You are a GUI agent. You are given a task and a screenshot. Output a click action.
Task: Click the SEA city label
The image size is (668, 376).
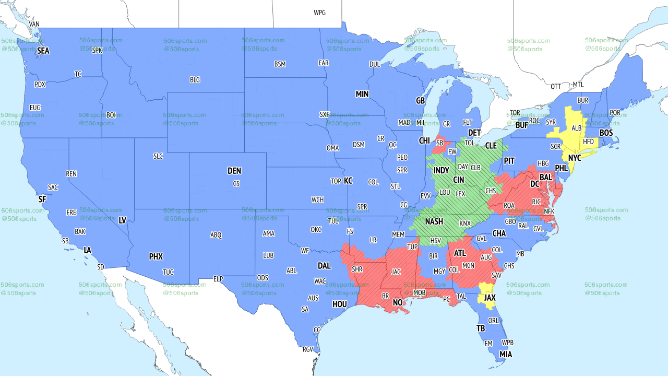[x=43, y=51]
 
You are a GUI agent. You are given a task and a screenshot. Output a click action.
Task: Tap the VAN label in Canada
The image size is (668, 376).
[x=34, y=24]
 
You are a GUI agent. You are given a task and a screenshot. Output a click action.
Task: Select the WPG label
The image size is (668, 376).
[x=319, y=13]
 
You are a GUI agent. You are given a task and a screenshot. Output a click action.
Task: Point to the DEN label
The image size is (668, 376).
[x=234, y=171]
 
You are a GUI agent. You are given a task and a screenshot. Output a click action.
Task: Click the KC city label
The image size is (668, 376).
[x=348, y=181]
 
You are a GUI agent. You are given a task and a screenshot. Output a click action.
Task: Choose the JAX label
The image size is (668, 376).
[x=490, y=298]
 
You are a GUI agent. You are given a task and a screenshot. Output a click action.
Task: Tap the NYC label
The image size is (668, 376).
[x=575, y=157]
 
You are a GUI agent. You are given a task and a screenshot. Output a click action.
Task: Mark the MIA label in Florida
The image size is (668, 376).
[x=505, y=354]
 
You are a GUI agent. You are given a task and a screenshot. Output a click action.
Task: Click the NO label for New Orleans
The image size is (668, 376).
[x=398, y=303]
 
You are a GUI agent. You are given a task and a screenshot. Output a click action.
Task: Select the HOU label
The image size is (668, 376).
[x=340, y=304]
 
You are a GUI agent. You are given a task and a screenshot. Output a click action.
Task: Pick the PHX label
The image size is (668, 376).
[x=156, y=256]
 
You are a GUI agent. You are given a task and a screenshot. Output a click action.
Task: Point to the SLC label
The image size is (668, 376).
[x=158, y=156]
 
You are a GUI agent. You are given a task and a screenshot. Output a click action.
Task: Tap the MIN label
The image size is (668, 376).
[x=362, y=94]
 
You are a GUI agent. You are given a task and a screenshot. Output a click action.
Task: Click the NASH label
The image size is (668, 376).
[x=434, y=221]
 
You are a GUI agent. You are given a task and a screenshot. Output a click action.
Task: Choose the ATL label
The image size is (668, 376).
[x=460, y=253]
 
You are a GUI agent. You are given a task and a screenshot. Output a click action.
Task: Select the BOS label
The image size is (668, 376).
[x=606, y=133]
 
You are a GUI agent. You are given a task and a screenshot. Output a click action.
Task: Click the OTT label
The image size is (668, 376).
[x=556, y=86]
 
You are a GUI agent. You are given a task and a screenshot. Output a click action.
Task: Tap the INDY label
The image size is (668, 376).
[x=441, y=171]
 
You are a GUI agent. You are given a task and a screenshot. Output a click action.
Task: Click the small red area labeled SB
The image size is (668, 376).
[x=439, y=143]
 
